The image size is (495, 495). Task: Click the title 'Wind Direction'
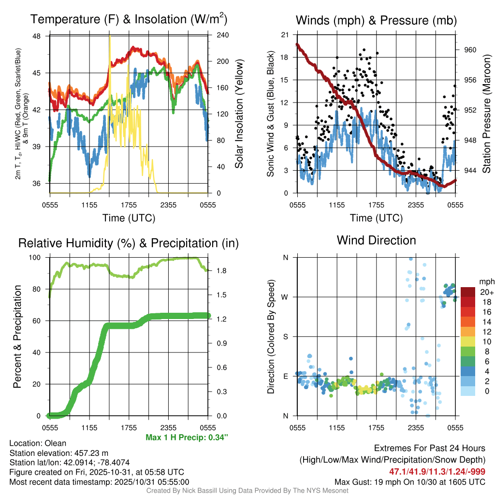376,240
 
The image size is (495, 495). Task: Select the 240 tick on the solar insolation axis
218,35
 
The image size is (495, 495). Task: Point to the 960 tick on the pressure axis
470,50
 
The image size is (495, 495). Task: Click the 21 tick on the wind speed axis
285,34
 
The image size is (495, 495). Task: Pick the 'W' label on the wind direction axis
285,297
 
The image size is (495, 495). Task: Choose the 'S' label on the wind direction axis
285,337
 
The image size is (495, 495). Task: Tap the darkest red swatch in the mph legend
468,292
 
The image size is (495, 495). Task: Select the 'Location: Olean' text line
38,443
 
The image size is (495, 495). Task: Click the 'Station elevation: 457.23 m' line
58,453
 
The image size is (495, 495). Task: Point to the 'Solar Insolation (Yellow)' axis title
239,114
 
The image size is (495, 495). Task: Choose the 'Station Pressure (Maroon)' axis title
486,114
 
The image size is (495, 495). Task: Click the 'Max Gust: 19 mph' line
410,482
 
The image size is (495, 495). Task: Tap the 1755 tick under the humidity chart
129,428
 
